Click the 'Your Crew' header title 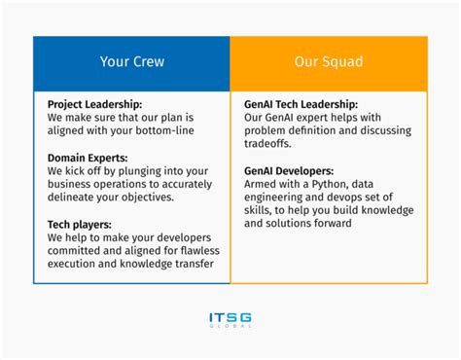pos(131,62)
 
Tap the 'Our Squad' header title pos(328,62)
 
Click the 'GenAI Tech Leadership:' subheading pos(301,103)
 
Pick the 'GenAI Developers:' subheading pos(290,170)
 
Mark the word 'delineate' pos(73,197)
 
